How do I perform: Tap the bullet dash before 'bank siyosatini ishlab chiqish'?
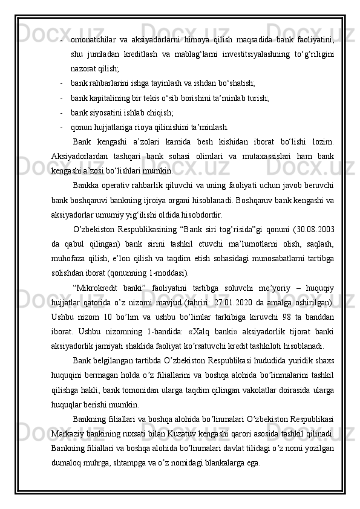62,112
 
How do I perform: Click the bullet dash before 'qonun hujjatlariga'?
62,127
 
